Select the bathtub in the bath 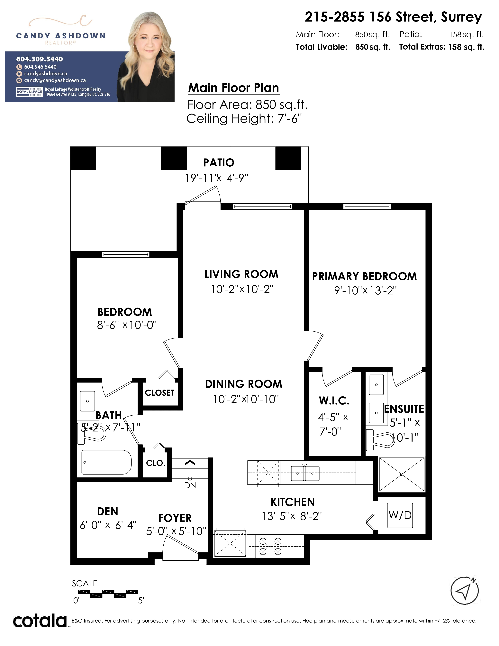click(106, 462)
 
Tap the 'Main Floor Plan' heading click(233, 88)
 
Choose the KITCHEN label click(293, 502)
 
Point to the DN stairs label click(190, 485)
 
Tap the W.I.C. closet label click(334, 401)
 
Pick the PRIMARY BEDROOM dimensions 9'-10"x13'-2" click(365, 291)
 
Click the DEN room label click(108, 511)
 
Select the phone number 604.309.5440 click(40, 59)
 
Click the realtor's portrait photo click(146, 56)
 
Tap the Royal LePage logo click(29, 92)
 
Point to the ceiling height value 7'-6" click(290, 119)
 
